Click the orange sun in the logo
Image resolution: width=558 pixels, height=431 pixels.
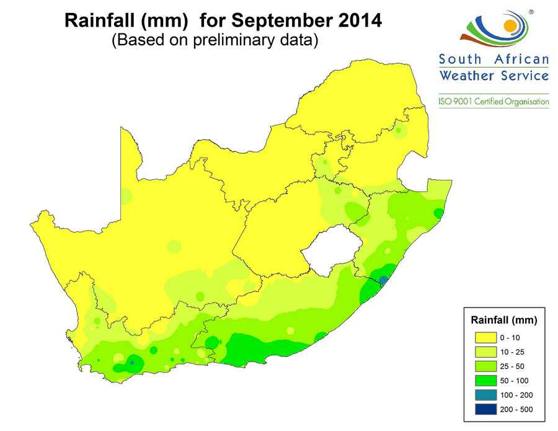(x=510, y=25)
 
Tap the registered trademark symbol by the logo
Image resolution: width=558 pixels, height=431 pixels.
(x=531, y=12)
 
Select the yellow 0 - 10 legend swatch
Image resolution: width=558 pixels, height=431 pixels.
(x=486, y=337)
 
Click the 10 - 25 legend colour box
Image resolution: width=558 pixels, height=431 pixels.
(x=486, y=352)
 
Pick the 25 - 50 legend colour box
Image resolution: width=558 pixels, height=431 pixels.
(x=486, y=366)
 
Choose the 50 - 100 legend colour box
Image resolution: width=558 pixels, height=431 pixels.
(x=486, y=380)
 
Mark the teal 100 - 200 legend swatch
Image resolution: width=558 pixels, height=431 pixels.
(x=486, y=395)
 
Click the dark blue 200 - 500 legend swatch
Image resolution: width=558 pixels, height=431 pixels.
(x=486, y=409)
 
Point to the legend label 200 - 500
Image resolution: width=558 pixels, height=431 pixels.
(x=516, y=409)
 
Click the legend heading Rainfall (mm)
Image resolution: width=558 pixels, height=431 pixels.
(x=503, y=321)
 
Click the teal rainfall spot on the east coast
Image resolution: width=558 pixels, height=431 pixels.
(x=384, y=280)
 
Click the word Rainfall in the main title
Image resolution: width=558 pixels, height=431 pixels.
(x=99, y=22)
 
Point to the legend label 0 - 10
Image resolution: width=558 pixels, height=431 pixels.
(x=510, y=337)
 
